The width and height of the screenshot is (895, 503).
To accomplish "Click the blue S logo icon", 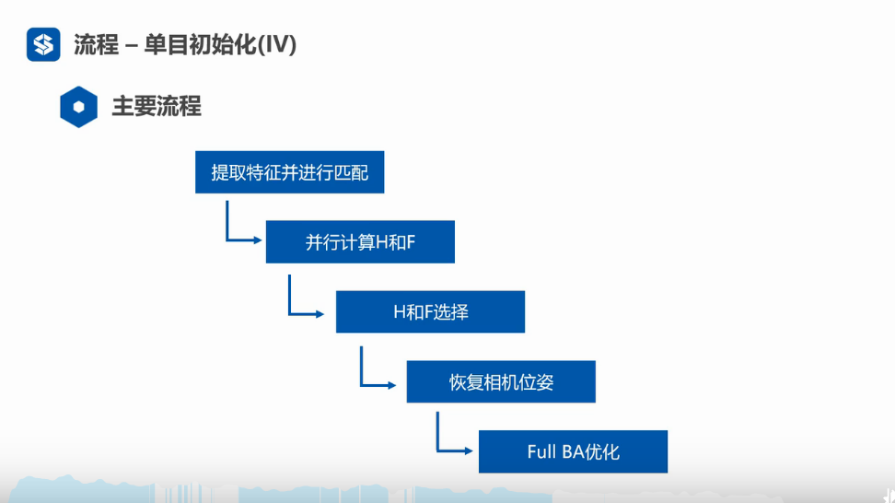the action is pos(43,44).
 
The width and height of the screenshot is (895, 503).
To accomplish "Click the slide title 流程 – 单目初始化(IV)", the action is pos(185,44).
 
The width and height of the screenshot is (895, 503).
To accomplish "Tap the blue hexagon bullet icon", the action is pos(79,107).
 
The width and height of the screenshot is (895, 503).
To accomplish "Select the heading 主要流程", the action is pos(157,107).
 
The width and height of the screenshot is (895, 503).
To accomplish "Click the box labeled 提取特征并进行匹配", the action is pos(289,172).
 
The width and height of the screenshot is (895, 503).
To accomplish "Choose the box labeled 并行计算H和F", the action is pos(360,241).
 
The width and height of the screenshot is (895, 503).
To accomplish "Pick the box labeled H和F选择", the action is pos(430,311).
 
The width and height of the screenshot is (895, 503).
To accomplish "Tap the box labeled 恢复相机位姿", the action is pos(501,381).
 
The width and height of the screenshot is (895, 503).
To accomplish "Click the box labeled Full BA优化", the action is pos(573,451).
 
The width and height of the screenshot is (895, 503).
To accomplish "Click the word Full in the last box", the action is pos(541,451).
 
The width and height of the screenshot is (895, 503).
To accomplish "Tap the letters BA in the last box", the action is pos(573,451).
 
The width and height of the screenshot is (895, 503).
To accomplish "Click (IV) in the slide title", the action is pos(277,44).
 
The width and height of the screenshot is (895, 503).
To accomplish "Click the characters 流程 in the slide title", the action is pos(96,44).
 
